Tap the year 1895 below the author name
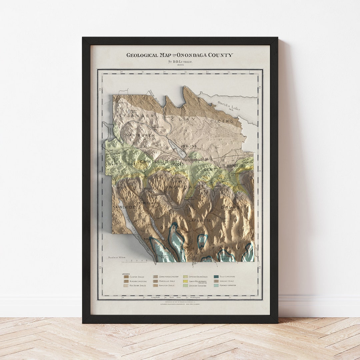tap(180, 65)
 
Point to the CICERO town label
tap(222, 122)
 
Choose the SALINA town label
tap(189, 146)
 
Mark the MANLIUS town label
tap(235, 166)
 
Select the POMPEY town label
tap(232, 208)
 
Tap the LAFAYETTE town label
tap(200, 221)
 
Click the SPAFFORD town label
tap(152, 239)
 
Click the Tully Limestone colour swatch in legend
tap(216, 277)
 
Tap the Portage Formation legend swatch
tap(216, 286)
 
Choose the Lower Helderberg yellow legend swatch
tap(185, 281)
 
